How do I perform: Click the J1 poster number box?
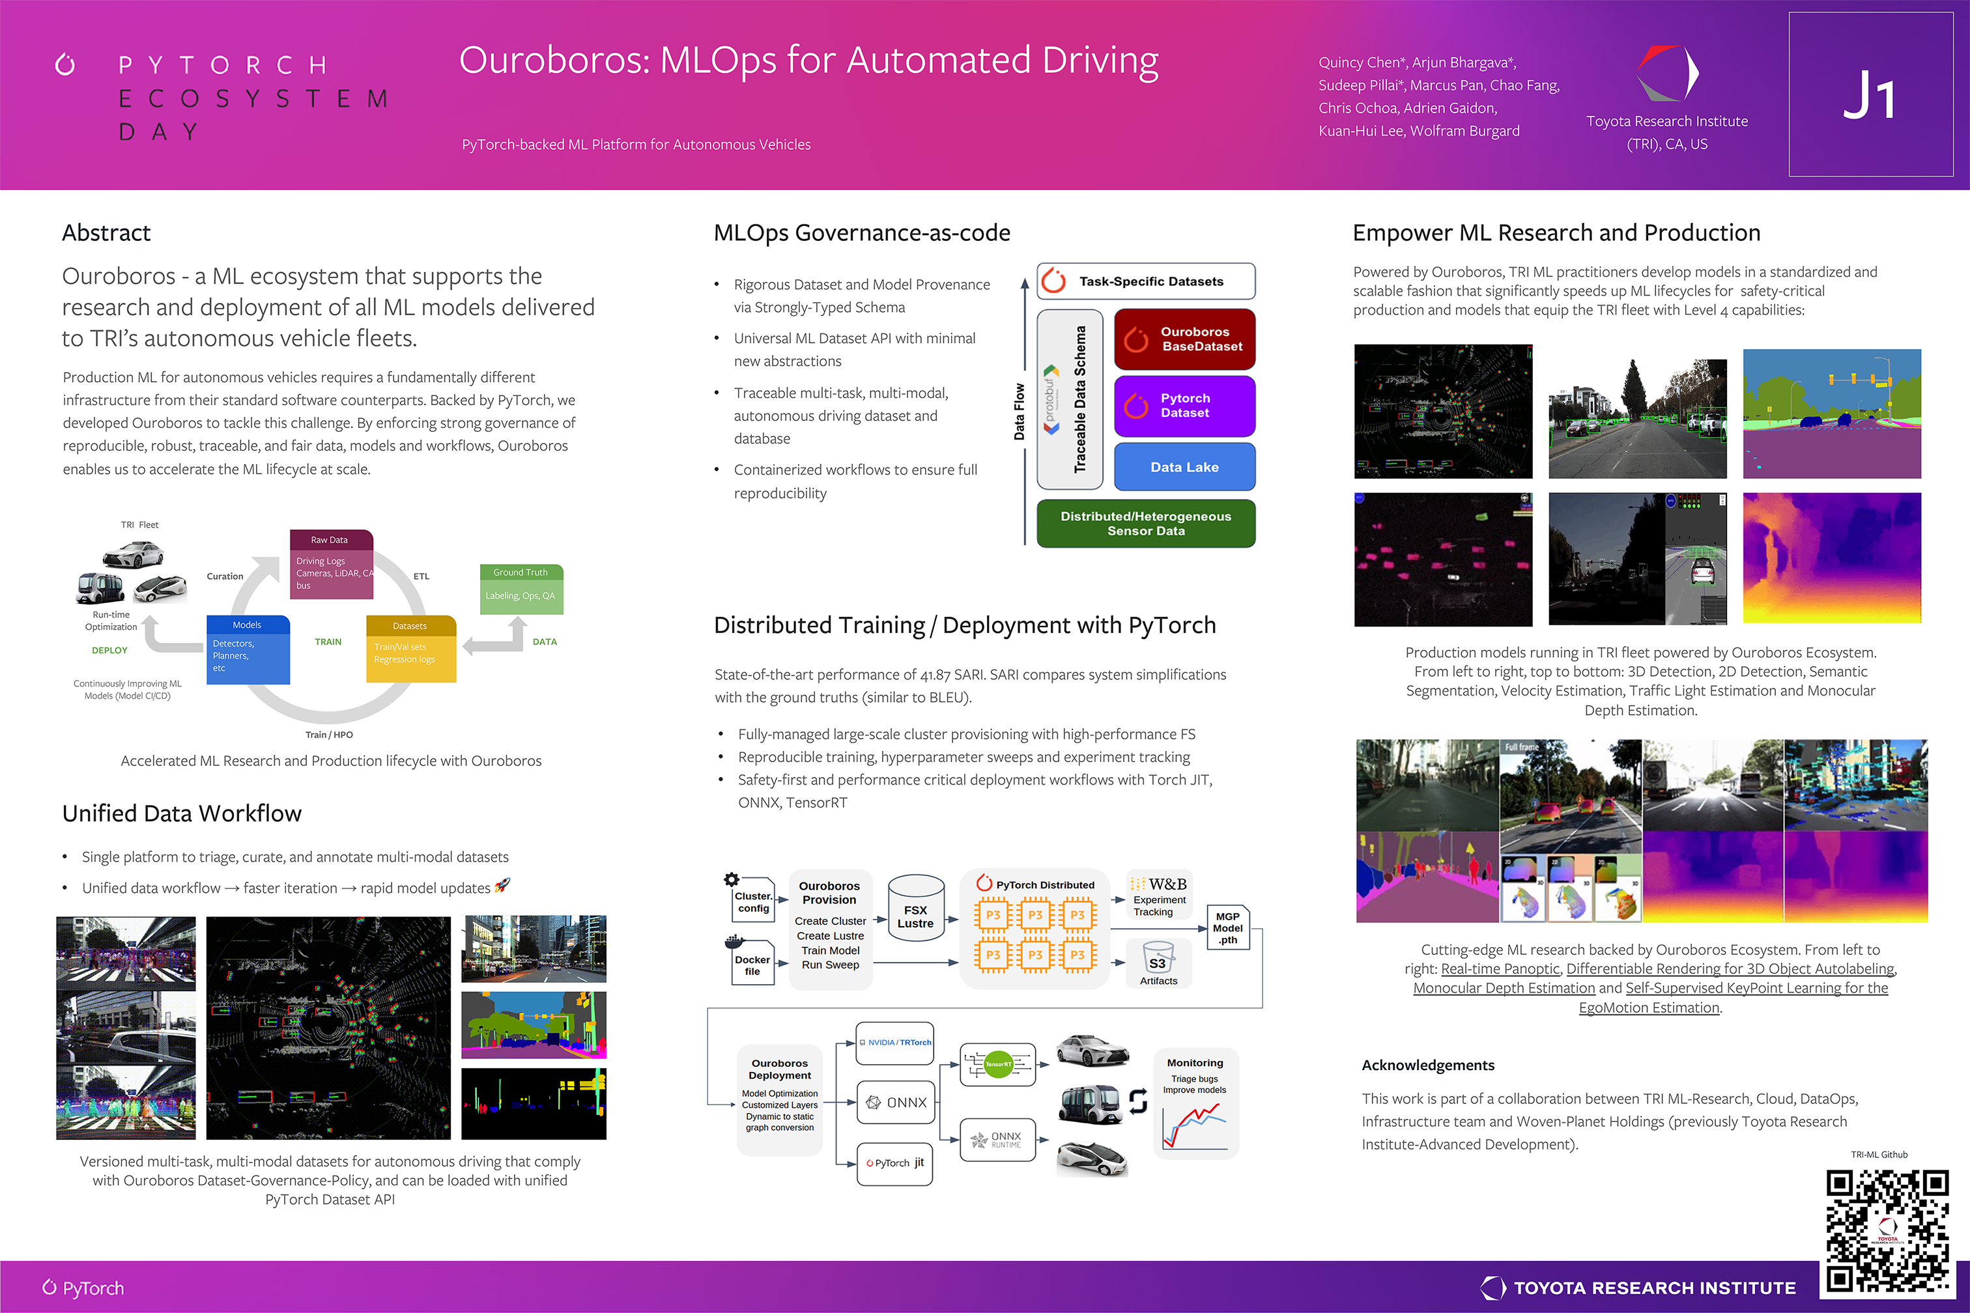click(x=1870, y=94)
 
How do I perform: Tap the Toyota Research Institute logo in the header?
click(x=1667, y=74)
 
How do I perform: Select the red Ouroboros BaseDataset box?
click(x=1184, y=339)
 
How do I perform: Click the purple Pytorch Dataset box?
click(x=1184, y=405)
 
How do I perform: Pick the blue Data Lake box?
click(x=1184, y=467)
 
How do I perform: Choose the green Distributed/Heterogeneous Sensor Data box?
click(x=1145, y=524)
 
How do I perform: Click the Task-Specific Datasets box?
click(x=1145, y=281)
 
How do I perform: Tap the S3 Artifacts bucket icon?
click(x=1158, y=959)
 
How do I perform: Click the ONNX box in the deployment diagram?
click(x=895, y=1102)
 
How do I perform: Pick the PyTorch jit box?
click(x=894, y=1163)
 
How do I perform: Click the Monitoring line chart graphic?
click(x=1194, y=1126)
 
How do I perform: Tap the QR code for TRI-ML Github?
click(x=1887, y=1230)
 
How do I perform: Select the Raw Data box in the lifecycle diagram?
click(x=331, y=563)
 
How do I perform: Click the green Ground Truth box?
click(x=521, y=589)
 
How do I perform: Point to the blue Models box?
click(x=248, y=650)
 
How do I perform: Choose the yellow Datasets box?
click(x=410, y=649)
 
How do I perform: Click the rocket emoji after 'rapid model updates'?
click(x=502, y=885)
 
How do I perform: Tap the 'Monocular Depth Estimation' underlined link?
click(x=1504, y=988)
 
